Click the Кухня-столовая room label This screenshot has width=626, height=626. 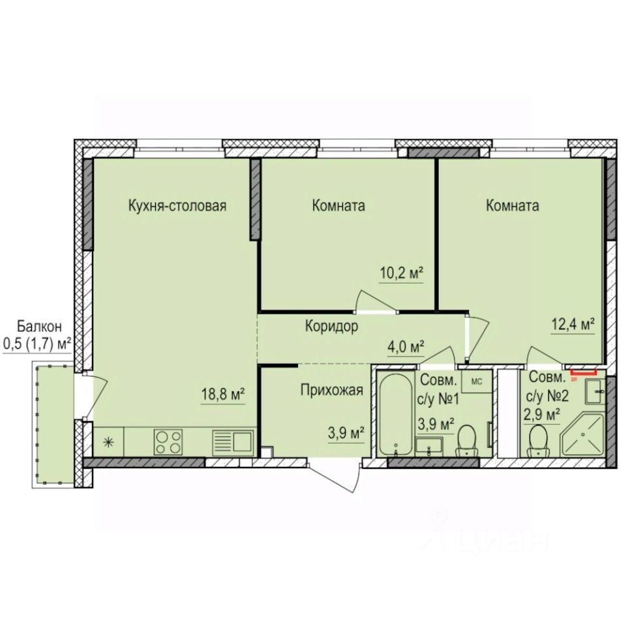[177, 207]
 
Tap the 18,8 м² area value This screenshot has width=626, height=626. [222, 395]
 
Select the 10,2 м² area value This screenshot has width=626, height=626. [402, 273]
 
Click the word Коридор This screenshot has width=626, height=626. [331, 327]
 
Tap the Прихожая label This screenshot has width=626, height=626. [331, 391]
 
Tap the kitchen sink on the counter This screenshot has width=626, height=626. [232, 442]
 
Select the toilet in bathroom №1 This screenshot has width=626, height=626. [467, 440]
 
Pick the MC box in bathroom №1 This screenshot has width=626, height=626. [476, 382]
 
